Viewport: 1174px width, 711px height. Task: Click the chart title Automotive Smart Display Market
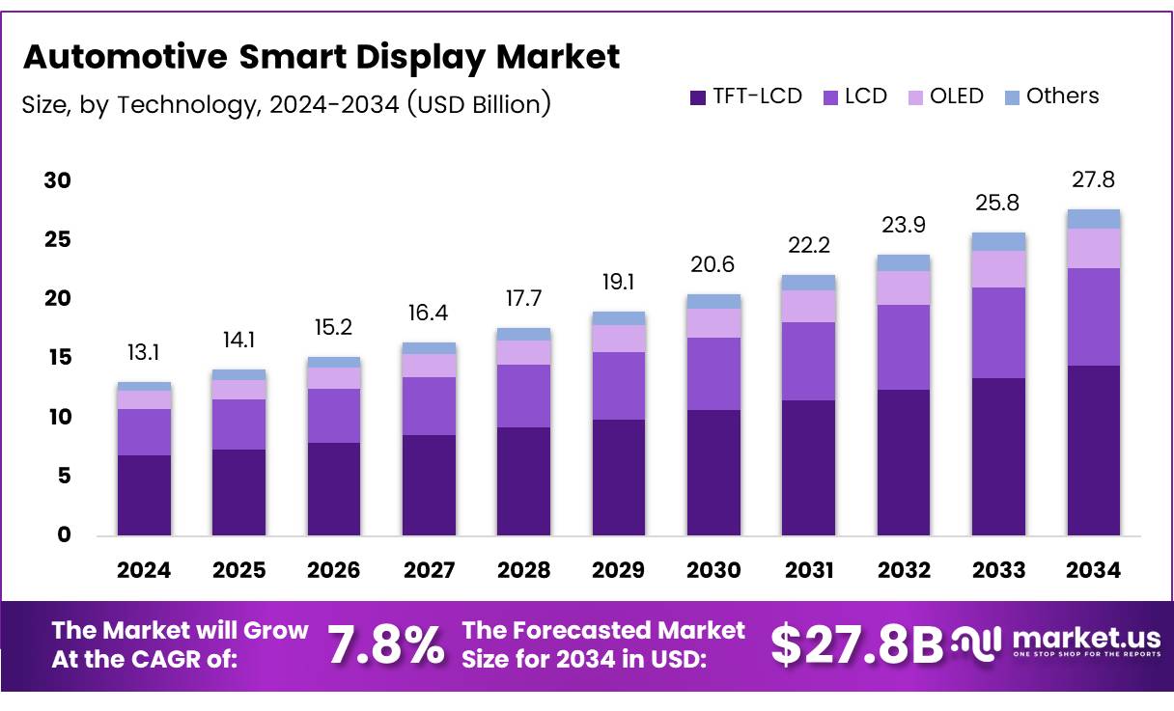tap(321, 57)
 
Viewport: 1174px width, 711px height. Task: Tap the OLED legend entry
tap(945, 96)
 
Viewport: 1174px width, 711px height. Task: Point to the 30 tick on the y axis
tap(58, 181)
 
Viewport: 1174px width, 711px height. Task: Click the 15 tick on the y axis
tap(58, 358)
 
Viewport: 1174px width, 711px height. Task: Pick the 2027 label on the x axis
tap(429, 570)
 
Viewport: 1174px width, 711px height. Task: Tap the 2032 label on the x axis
tap(904, 570)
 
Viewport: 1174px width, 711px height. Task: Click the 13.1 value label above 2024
tap(144, 353)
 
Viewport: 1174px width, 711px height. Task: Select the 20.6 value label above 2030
tap(713, 265)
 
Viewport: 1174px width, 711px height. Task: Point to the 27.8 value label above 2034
tap(1093, 180)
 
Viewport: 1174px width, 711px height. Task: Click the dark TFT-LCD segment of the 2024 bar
tap(144, 495)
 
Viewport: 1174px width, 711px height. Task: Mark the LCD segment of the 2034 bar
tap(1093, 316)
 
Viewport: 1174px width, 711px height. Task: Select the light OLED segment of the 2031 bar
tap(809, 306)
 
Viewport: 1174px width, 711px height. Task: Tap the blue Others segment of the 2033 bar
tap(998, 241)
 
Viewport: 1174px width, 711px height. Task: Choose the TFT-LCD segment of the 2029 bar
tap(619, 477)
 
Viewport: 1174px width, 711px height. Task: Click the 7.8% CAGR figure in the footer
tap(386, 645)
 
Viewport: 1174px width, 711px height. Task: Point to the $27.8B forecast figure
tap(856, 645)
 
